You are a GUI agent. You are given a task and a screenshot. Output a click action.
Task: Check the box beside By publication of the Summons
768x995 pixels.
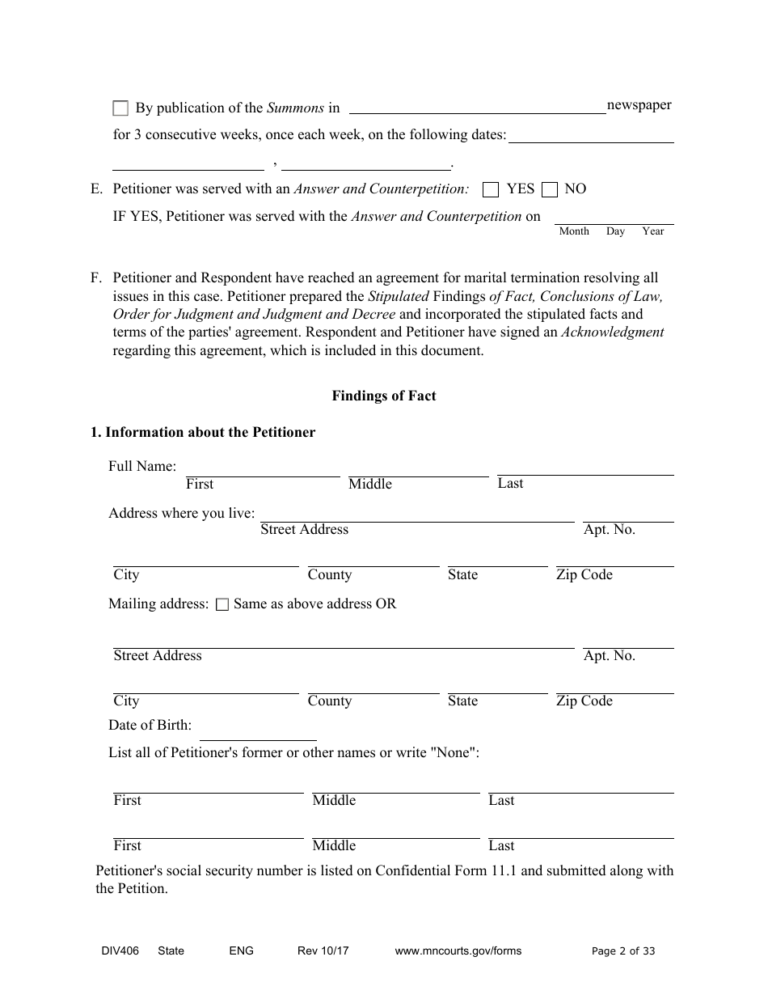pyautogui.click(x=120, y=108)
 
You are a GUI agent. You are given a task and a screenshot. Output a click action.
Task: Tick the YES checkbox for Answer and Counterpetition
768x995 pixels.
pyautogui.click(x=490, y=190)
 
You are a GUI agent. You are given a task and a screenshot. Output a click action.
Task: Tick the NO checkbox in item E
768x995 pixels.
pyautogui.click(x=550, y=190)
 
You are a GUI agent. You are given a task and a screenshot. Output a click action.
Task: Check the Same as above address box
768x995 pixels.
pyautogui.click(x=222, y=604)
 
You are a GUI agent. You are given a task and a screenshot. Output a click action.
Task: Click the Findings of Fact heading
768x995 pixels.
pyautogui.click(x=383, y=396)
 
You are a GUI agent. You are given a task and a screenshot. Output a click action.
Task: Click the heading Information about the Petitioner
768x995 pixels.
pyautogui.click(x=202, y=432)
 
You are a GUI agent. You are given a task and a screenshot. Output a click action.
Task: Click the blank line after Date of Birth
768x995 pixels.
pyautogui.click(x=257, y=732)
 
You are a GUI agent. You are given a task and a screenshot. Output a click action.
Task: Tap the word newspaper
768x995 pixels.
pyautogui.click(x=639, y=105)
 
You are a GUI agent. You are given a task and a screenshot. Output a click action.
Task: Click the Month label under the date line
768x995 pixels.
pyautogui.click(x=574, y=231)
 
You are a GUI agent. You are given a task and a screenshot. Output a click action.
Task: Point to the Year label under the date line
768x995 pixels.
pyautogui.click(x=652, y=231)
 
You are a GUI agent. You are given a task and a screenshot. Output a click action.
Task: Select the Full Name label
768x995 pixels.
pyautogui.click(x=141, y=467)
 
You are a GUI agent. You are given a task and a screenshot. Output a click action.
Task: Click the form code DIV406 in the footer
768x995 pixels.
pyautogui.click(x=108, y=951)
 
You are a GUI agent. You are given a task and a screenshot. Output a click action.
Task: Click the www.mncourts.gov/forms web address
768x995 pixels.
pyautogui.click(x=458, y=951)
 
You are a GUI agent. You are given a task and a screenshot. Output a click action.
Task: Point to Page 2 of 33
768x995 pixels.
pyautogui.click(x=623, y=951)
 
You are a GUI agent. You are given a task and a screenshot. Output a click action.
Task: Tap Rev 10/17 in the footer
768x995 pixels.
pyautogui.click(x=323, y=951)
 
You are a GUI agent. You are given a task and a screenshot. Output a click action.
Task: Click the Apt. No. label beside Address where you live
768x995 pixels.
pyautogui.click(x=609, y=530)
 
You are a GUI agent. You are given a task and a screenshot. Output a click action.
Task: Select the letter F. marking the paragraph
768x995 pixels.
pyautogui.click(x=96, y=278)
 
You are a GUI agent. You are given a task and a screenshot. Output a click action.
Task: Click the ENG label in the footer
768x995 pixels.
pyautogui.click(x=241, y=951)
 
